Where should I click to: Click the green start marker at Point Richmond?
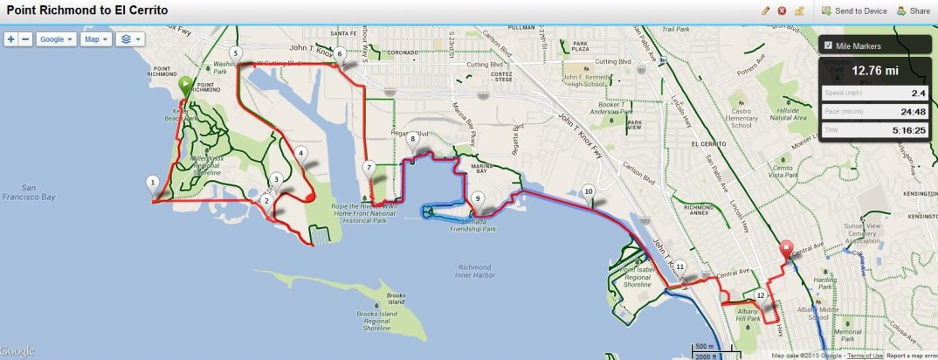point(185,85)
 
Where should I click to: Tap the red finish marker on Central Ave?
point(787,248)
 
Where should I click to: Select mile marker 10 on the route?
point(589,191)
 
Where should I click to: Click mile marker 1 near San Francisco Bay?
point(153,183)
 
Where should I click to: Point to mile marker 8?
point(412,139)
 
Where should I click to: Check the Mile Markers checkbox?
point(828,45)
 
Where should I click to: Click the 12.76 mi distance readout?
point(875,71)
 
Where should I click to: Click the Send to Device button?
point(853,11)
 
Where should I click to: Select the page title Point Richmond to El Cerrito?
point(87,10)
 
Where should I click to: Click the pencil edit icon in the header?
point(766,11)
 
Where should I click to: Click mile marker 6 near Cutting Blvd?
point(341,54)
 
